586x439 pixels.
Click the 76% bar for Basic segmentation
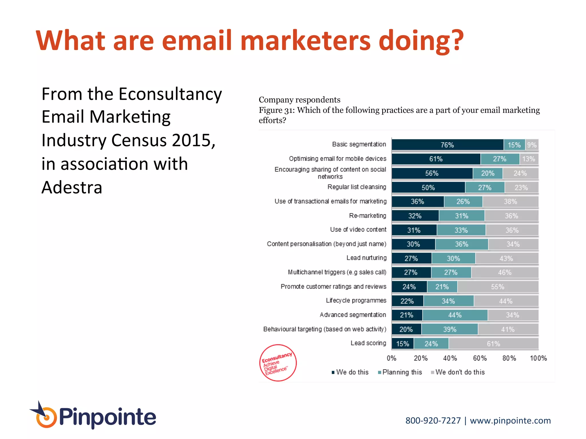point(448,145)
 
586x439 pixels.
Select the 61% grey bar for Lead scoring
point(494,344)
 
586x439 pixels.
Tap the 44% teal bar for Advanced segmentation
point(455,315)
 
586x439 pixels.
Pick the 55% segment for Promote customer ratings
point(498,287)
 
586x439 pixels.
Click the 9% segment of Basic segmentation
point(532,145)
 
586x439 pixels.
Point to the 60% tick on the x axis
point(480,358)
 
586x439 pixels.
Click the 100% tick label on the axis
point(538,358)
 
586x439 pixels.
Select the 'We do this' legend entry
point(350,372)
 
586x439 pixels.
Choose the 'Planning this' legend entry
point(400,372)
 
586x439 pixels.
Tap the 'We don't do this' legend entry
point(458,372)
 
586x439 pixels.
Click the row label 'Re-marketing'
point(368,215)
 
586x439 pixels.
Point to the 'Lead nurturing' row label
point(367,258)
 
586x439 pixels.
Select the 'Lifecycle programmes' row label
point(356,300)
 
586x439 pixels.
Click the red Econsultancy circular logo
point(278,363)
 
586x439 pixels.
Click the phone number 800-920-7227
point(433,420)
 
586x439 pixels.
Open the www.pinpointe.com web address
point(510,420)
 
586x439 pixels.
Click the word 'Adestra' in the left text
point(72,187)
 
